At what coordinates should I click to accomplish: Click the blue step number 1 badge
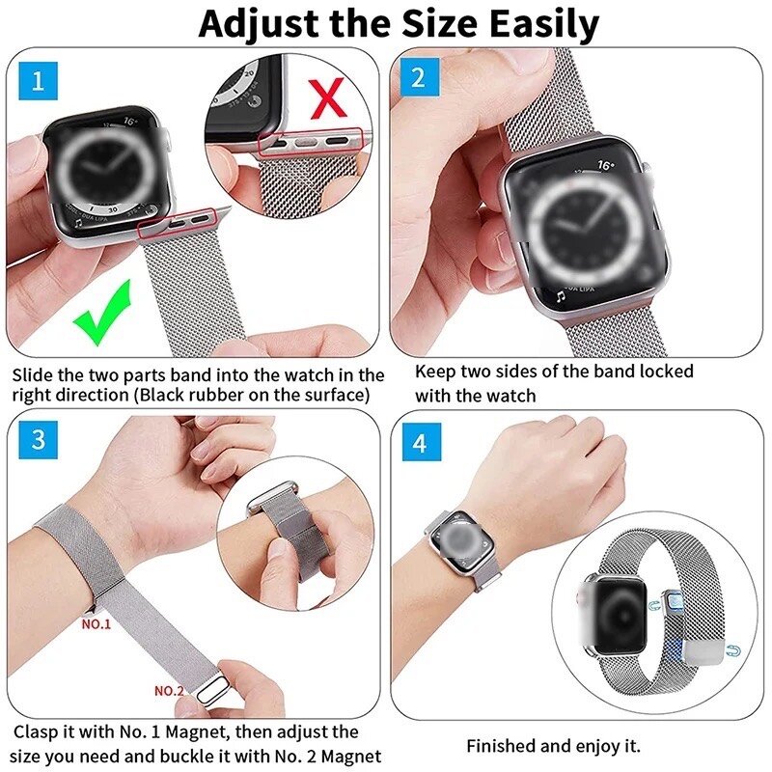pos(38,79)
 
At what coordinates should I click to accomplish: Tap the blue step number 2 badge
pos(418,77)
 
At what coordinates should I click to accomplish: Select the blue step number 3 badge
pos(38,440)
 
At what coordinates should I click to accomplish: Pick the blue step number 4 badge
pos(418,444)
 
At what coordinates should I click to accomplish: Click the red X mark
pos(327,97)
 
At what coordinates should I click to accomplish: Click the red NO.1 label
pos(96,624)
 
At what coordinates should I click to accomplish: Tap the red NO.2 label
pos(169,691)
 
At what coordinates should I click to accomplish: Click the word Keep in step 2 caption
pos(433,372)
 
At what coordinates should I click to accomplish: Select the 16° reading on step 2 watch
pos(605,166)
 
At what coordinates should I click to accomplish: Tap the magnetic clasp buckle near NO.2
pos(206,688)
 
